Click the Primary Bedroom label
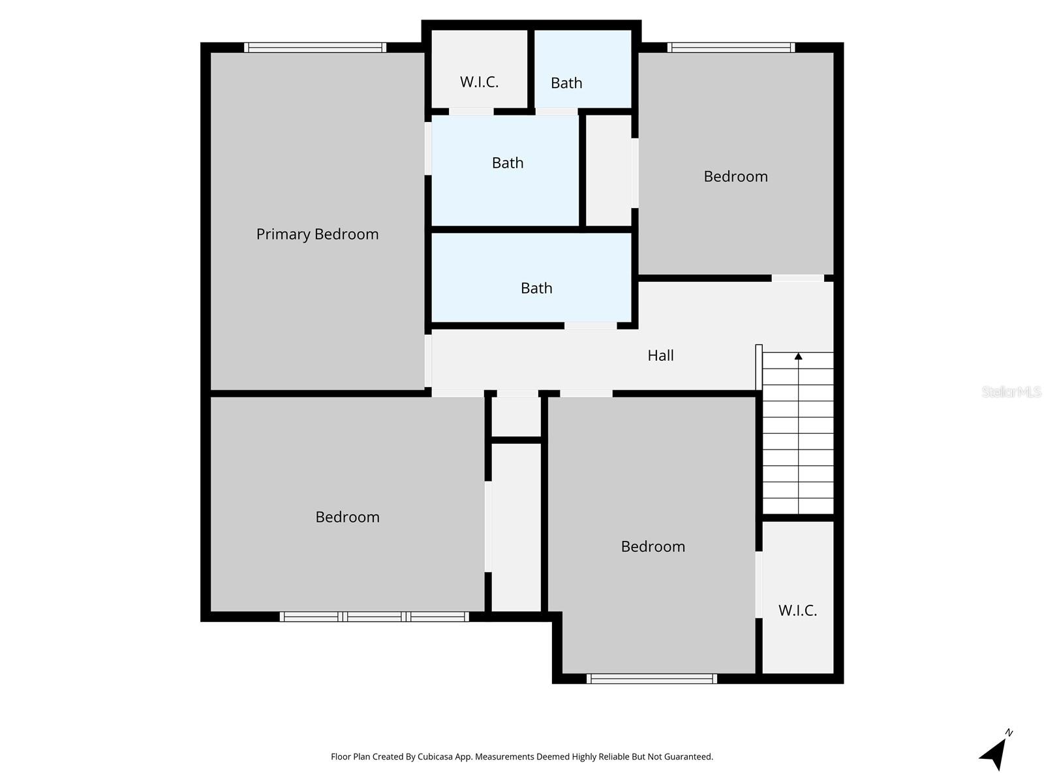[317, 234]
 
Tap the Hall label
[660, 356]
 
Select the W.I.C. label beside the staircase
[797, 611]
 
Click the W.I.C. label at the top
[479, 82]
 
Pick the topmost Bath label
[566, 84]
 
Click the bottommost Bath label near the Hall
[536, 288]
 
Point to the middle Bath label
[508, 163]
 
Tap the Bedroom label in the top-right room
[735, 177]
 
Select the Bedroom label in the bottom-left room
[347, 517]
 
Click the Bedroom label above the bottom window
[652, 547]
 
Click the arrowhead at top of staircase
[798, 356]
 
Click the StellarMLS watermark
[1011, 391]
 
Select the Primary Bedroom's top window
[315, 48]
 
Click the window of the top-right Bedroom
[731, 48]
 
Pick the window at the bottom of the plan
[651, 679]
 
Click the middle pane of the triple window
[375, 617]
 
